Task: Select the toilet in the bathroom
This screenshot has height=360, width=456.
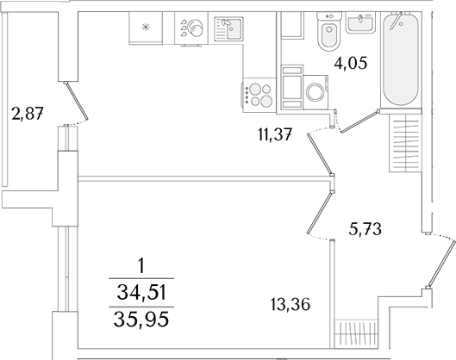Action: [x=328, y=35]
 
